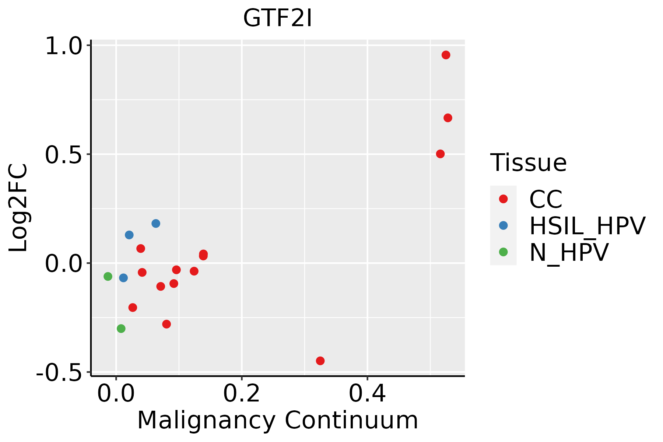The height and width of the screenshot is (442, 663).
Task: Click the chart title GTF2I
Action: pyautogui.click(x=278, y=18)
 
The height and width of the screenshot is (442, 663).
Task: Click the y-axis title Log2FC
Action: pyautogui.click(x=18, y=208)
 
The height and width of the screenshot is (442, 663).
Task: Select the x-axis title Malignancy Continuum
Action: pyautogui.click(x=278, y=420)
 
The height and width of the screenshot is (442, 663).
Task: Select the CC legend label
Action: pyautogui.click(x=546, y=199)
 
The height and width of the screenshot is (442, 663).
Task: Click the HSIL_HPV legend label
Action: pyautogui.click(x=587, y=226)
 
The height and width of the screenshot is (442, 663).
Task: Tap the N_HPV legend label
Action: pyautogui.click(x=569, y=252)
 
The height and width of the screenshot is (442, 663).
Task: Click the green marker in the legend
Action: pyautogui.click(x=503, y=252)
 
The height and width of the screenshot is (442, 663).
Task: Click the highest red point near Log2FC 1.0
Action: pyautogui.click(x=446, y=55)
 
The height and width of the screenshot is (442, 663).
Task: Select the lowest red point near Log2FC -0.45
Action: pyautogui.click(x=320, y=361)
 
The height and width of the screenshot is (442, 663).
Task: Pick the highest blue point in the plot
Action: pyautogui.click(x=156, y=223)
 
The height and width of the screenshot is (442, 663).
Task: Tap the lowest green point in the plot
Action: pyautogui.click(x=121, y=328)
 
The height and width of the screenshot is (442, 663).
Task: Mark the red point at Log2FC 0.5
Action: pyautogui.click(x=440, y=154)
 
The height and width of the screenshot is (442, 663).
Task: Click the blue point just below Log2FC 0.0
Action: pyautogui.click(x=123, y=278)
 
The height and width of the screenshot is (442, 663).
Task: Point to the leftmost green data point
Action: pyautogui.click(x=108, y=276)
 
